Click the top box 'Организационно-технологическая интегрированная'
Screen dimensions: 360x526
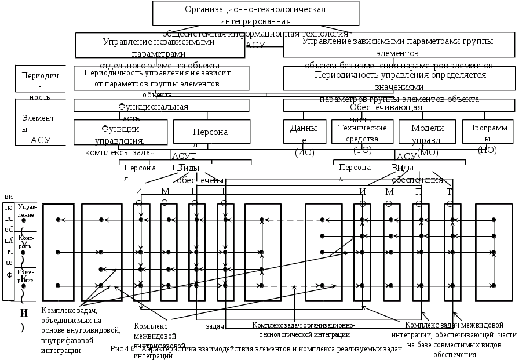point(254,13)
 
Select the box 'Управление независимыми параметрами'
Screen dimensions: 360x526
point(159,45)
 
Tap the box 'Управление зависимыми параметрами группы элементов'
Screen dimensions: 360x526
point(399,45)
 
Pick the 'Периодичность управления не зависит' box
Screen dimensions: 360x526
point(161,78)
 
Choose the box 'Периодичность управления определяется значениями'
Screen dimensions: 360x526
point(399,78)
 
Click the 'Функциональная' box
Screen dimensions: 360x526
point(161,105)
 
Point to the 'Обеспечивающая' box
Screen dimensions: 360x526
point(399,105)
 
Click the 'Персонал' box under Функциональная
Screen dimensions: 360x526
point(203,132)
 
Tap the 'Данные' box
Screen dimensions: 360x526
point(304,132)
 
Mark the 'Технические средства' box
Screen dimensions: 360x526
point(361,132)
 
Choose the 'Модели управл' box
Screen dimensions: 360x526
point(426,132)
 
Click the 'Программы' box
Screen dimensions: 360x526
point(488,132)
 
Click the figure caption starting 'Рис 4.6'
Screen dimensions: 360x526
point(249,349)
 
